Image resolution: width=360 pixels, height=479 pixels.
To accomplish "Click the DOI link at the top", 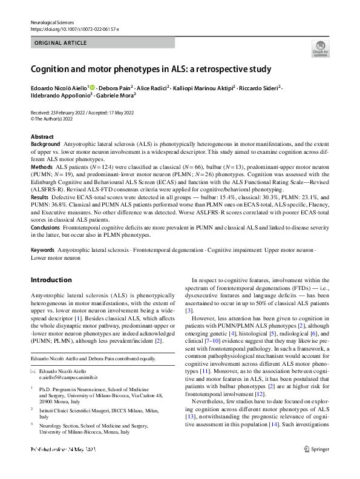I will pos(74,28).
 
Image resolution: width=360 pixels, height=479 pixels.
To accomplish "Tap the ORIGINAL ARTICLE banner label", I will pos(60,44).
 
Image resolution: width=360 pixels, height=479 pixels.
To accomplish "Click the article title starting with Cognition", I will pos(151,69).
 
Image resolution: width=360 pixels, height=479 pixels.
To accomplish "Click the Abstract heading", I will pos(42,137).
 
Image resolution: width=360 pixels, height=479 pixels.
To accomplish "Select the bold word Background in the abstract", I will pos(45,144).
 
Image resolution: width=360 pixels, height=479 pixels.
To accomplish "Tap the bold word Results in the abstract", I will pos(40,197).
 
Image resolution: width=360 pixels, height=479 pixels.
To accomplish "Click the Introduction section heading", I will pos(51,280).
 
